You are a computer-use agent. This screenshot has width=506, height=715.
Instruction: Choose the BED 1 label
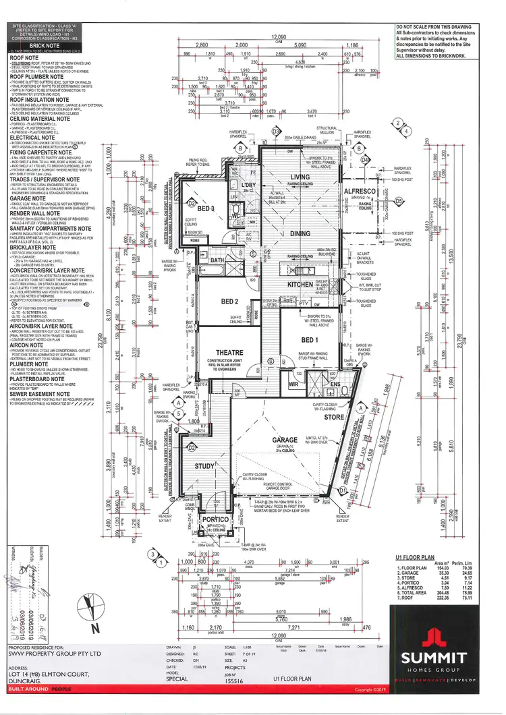coord(310,339)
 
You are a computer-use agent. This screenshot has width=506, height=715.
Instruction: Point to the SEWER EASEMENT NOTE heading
coord(45,393)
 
